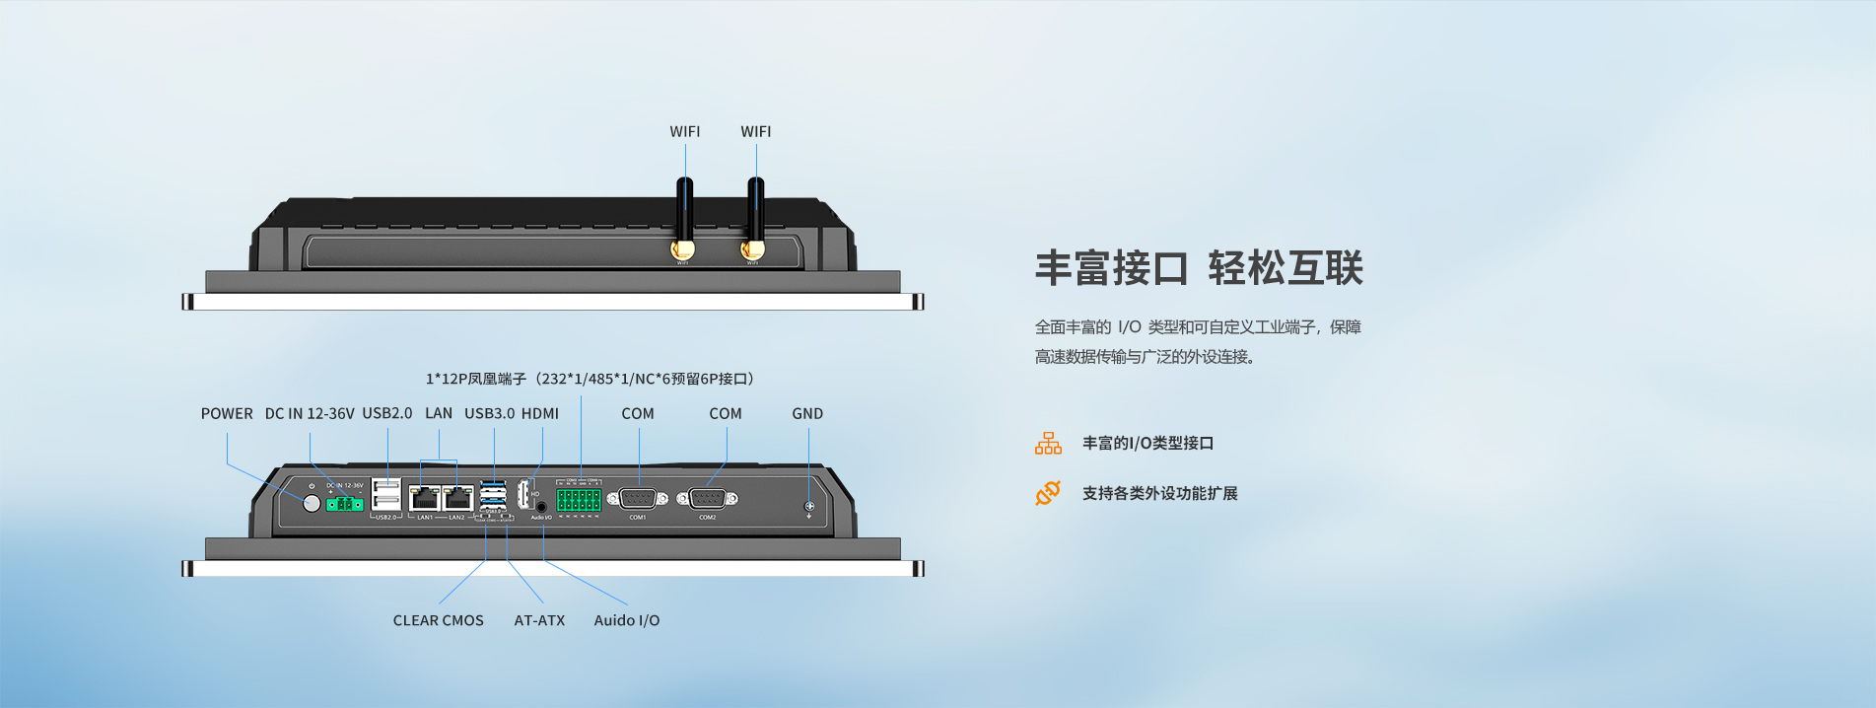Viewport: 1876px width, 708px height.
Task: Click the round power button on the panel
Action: pos(312,503)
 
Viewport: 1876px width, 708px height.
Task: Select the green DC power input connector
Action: pos(345,504)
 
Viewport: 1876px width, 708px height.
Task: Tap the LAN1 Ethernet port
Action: pos(425,499)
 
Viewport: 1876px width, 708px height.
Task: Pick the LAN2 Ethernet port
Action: pos(458,499)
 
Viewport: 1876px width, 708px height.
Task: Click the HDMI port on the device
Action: pos(524,495)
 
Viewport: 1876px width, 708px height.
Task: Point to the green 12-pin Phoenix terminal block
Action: pos(579,499)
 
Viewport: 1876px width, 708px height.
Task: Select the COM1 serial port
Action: pos(637,499)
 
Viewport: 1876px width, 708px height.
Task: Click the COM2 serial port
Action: pos(708,499)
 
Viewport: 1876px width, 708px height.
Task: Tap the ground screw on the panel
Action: pos(809,507)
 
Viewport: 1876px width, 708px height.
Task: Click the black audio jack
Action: pos(540,507)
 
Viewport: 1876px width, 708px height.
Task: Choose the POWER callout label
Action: pos(227,414)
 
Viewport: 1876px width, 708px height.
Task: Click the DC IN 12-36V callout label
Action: pos(310,414)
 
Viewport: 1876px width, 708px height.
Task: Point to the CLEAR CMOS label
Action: pos(439,620)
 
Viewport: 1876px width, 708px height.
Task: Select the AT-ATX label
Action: pos(539,620)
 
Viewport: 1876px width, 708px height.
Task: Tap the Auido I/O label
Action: pos(627,620)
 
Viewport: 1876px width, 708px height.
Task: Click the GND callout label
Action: pos(807,414)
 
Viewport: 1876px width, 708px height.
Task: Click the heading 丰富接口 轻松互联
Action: pos(1199,268)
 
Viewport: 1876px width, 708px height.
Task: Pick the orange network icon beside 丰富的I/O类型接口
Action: pos(1048,444)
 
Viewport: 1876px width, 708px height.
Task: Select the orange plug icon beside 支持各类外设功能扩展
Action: pos(1048,493)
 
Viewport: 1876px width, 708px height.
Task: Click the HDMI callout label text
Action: pos(540,414)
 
